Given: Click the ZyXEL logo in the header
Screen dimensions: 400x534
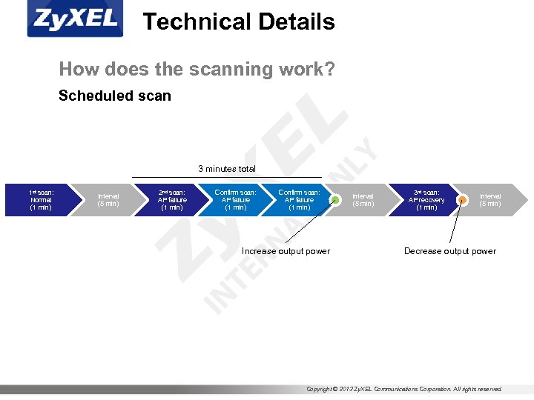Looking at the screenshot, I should (x=73, y=20).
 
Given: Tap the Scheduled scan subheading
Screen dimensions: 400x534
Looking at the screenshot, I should (x=115, y=96).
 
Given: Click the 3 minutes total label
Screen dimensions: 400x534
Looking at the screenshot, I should (x=226, y=169).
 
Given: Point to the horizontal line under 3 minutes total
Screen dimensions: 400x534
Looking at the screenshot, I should (x=226, y=176).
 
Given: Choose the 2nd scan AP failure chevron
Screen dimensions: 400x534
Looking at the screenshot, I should (x=172, y=200).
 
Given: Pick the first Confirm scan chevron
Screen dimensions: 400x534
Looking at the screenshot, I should (x=235, y=200).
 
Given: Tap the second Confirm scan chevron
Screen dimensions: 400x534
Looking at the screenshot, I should (x=299, y=200).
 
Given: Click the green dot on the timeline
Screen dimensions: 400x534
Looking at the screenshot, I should (x=335, y=200).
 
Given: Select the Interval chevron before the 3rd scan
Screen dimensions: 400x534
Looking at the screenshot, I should (x=363, y=200).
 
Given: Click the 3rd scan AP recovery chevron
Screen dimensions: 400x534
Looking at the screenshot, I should (x=426, y=200).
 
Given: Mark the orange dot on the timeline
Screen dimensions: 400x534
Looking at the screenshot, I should (x=461, y=200).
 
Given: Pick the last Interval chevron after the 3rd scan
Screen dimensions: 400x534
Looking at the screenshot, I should (x=490, y=200).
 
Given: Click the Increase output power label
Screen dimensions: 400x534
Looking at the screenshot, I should (x=286, y=251).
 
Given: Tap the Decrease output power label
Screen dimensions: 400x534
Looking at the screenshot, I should (x=449, y=251).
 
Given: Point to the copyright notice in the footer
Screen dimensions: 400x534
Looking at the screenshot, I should (x=404, y=389).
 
